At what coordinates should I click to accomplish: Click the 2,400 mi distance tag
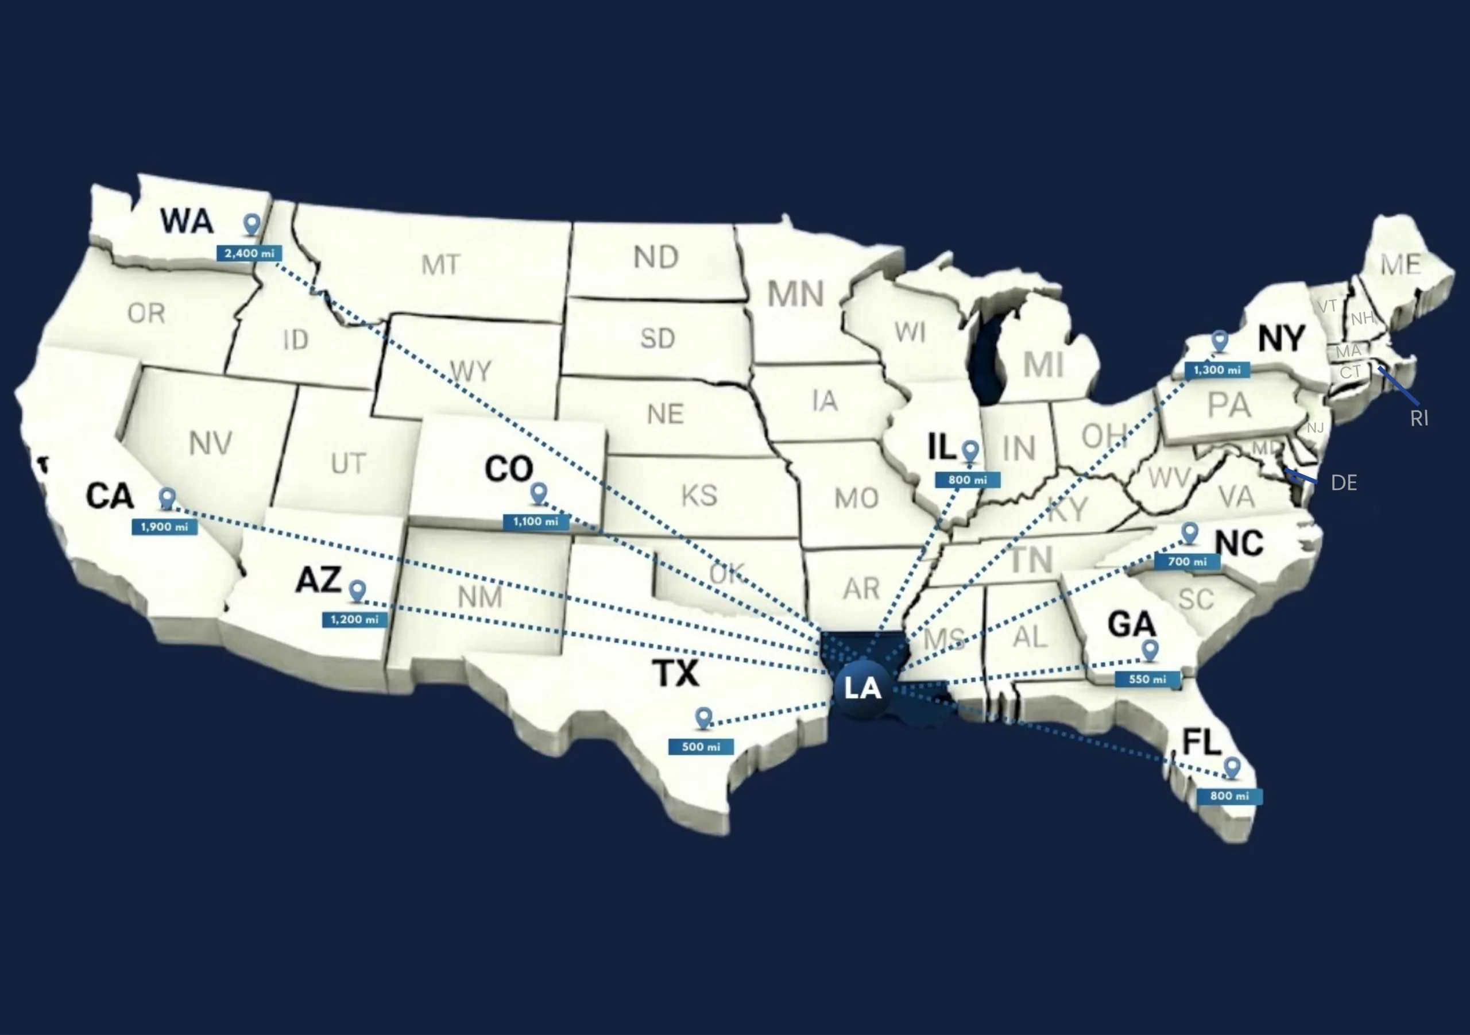pos(249,253)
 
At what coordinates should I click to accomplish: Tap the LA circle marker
pos(862,689)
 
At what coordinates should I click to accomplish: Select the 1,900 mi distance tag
pos(165,527)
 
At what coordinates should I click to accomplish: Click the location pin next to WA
pos(252,224)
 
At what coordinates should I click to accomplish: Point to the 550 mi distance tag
pos(1147,679)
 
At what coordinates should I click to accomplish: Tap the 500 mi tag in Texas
pos(701,747)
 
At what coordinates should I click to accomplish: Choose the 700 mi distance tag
pos(1187,562)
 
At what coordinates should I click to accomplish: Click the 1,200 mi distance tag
pos(355,619)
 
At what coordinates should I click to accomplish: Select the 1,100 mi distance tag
pos(536,522)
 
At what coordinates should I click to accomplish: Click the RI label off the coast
pos(1419,418)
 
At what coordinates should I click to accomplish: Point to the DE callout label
pos(1343,482)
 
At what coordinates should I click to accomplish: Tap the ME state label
pos(1400,264)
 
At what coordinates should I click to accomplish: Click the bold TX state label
pos(676,673)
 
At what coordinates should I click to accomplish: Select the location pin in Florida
pos(1232,767)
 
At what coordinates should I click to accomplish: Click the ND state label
pos(656,257)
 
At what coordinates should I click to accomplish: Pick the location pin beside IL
pos(970,450)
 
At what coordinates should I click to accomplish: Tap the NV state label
pos(211,443)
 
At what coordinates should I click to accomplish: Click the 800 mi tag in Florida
pos(1229,796)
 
